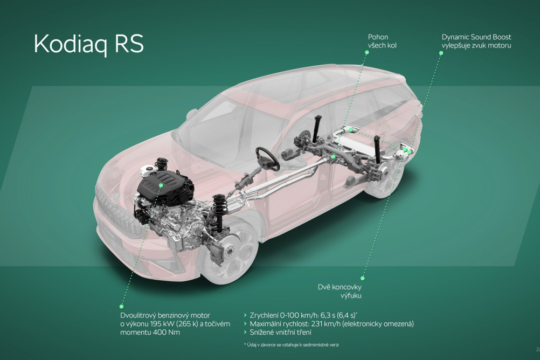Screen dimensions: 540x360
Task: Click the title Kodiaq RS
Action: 89,44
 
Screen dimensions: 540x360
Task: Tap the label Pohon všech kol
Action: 382,41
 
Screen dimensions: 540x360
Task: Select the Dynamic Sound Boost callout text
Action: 476,41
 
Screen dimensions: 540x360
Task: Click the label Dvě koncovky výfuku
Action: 340,291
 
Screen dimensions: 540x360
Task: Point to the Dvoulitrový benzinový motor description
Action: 175,323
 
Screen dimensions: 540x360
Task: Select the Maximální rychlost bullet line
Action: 329,324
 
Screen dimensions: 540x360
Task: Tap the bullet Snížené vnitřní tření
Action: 278,333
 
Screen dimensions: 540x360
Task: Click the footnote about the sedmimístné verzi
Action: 291,344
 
